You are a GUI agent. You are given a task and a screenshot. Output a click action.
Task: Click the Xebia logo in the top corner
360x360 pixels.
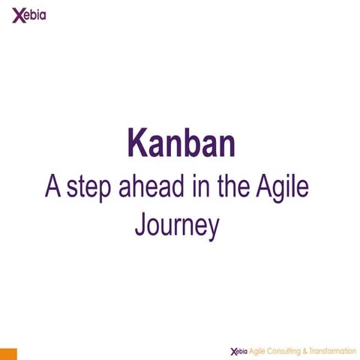[x=28, y=15]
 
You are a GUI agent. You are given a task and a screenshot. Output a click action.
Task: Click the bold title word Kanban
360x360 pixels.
[x=181, y=142]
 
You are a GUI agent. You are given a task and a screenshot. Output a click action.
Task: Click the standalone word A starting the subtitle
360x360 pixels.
[x=52, y=187]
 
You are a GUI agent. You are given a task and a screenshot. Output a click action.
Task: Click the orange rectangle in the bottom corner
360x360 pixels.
[x=8, y=353]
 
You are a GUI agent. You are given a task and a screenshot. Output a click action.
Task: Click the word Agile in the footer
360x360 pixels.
[x=257, y=351]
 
